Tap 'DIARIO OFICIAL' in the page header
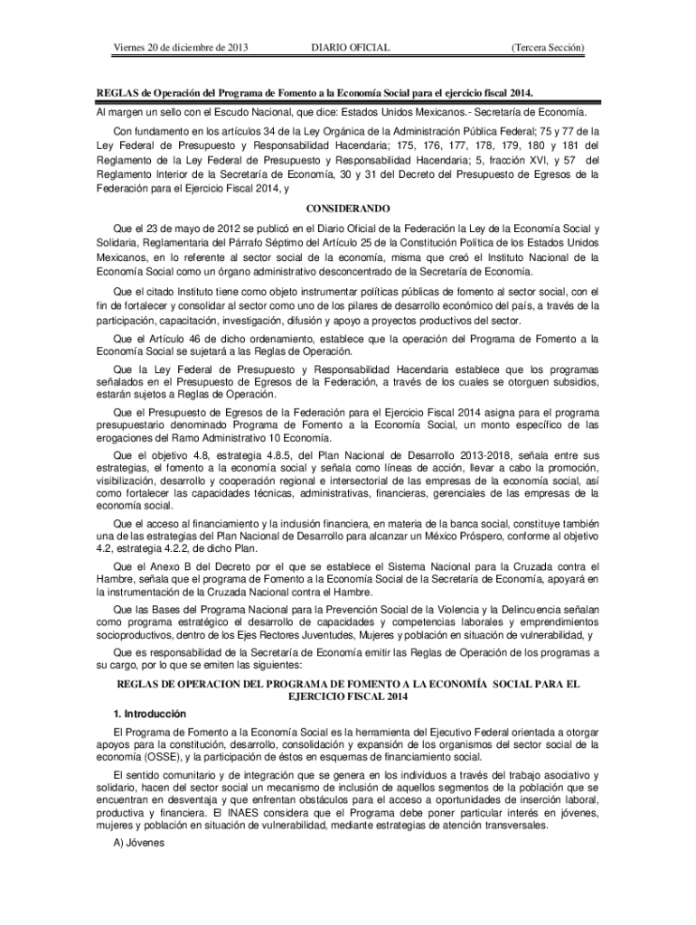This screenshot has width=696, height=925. pyautogui.click(x=350, y=46)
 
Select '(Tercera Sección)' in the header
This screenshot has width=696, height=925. pyautogui.click(x=547, y=46)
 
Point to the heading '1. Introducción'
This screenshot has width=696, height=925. pyautogui.click(x=150, y=714)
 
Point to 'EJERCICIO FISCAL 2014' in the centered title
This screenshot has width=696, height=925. pyautogui.click(x=348, y=697)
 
